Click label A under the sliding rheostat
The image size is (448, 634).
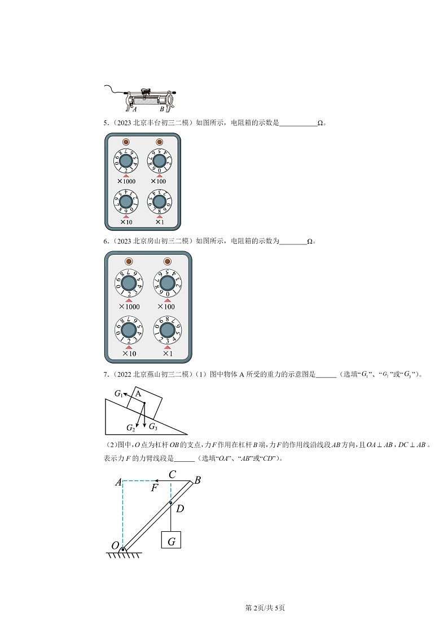click(x=134, y=108)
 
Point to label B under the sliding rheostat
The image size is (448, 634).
click(x=162, y=108)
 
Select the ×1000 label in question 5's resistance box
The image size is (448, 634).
click(x=126, y=181)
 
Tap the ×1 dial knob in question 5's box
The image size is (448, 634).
click(x=159, y=202)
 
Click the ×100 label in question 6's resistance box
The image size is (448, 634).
click(x=166, y=307)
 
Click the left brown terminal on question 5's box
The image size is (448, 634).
click(x=126, y=142)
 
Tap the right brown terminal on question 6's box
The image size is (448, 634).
click(x=166, y=261)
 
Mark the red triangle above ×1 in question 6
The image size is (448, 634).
click(x=167, y=347)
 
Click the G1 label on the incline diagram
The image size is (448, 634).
click(x=118, y=393)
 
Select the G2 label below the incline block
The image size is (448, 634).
click(x=131, y=427)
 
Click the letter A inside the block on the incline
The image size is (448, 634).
click(x=138, y=395)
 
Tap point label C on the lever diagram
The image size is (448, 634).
click(x=173, y=475)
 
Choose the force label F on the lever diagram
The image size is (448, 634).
click(x=154, y=488)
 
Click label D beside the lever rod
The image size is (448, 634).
click(x=180, y=509)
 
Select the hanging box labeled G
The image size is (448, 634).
click(x=171, y=540)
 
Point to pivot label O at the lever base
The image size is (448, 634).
click(x=115, y=545)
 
